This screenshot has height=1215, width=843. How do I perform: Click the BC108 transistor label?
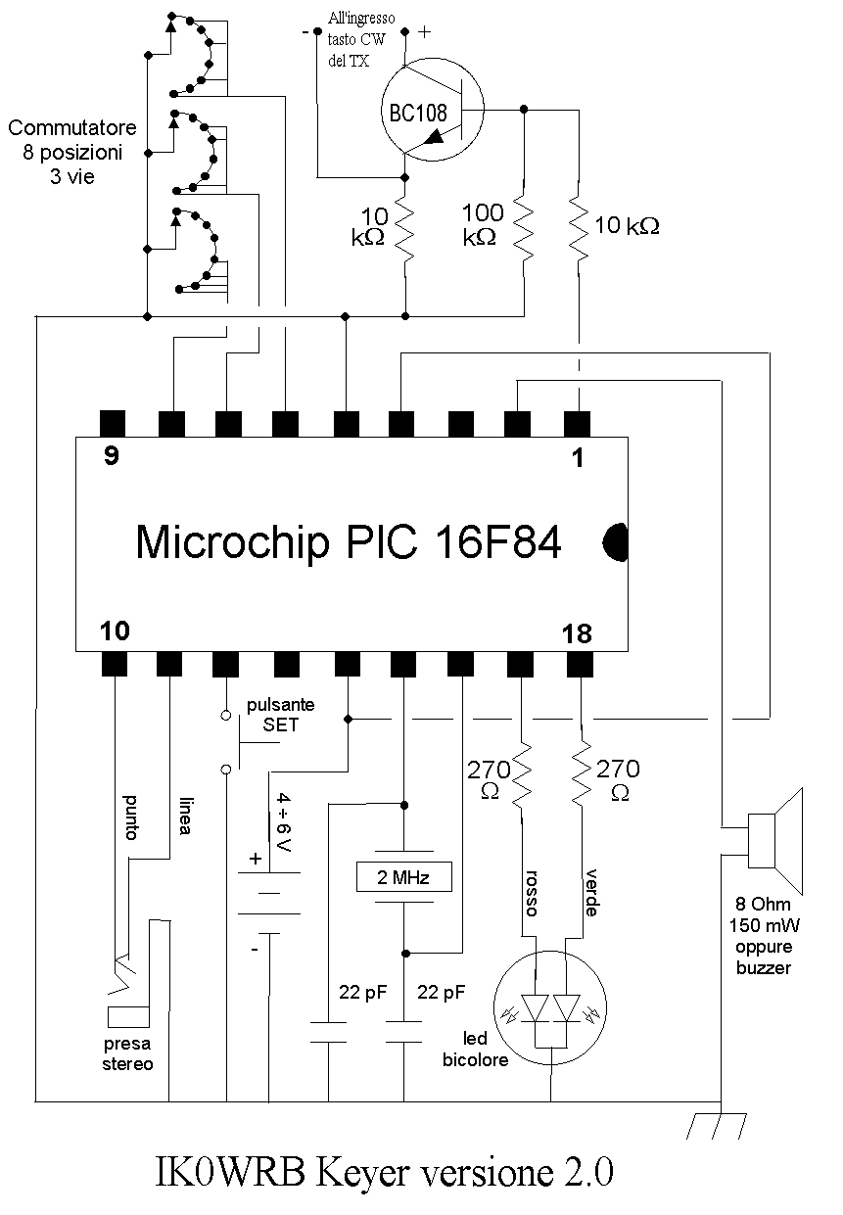418,113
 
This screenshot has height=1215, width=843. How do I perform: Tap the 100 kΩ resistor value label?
482,224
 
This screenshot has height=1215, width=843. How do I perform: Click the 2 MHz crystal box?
403,877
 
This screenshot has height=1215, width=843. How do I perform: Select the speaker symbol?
774,841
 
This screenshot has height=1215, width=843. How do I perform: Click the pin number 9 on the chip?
112,456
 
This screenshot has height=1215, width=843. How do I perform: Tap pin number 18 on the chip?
577,633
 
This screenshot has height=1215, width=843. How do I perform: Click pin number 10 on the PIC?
115,631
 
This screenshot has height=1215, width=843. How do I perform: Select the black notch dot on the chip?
616,541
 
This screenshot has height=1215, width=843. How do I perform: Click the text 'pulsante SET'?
280,715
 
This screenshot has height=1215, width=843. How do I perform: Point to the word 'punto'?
131,818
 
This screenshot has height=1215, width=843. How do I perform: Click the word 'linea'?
185,816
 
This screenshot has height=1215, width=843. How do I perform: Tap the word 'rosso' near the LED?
532,893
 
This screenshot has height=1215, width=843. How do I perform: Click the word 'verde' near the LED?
591,893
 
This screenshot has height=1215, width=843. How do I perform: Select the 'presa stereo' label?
127,1053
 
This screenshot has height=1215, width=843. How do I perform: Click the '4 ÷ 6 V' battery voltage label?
284,821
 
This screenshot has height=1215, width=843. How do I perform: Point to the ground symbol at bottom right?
717,1126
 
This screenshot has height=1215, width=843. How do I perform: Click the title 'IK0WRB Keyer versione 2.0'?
384,1172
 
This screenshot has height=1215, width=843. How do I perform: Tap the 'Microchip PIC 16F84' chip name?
348,541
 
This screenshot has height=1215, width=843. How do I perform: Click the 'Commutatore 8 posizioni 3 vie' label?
72,152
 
